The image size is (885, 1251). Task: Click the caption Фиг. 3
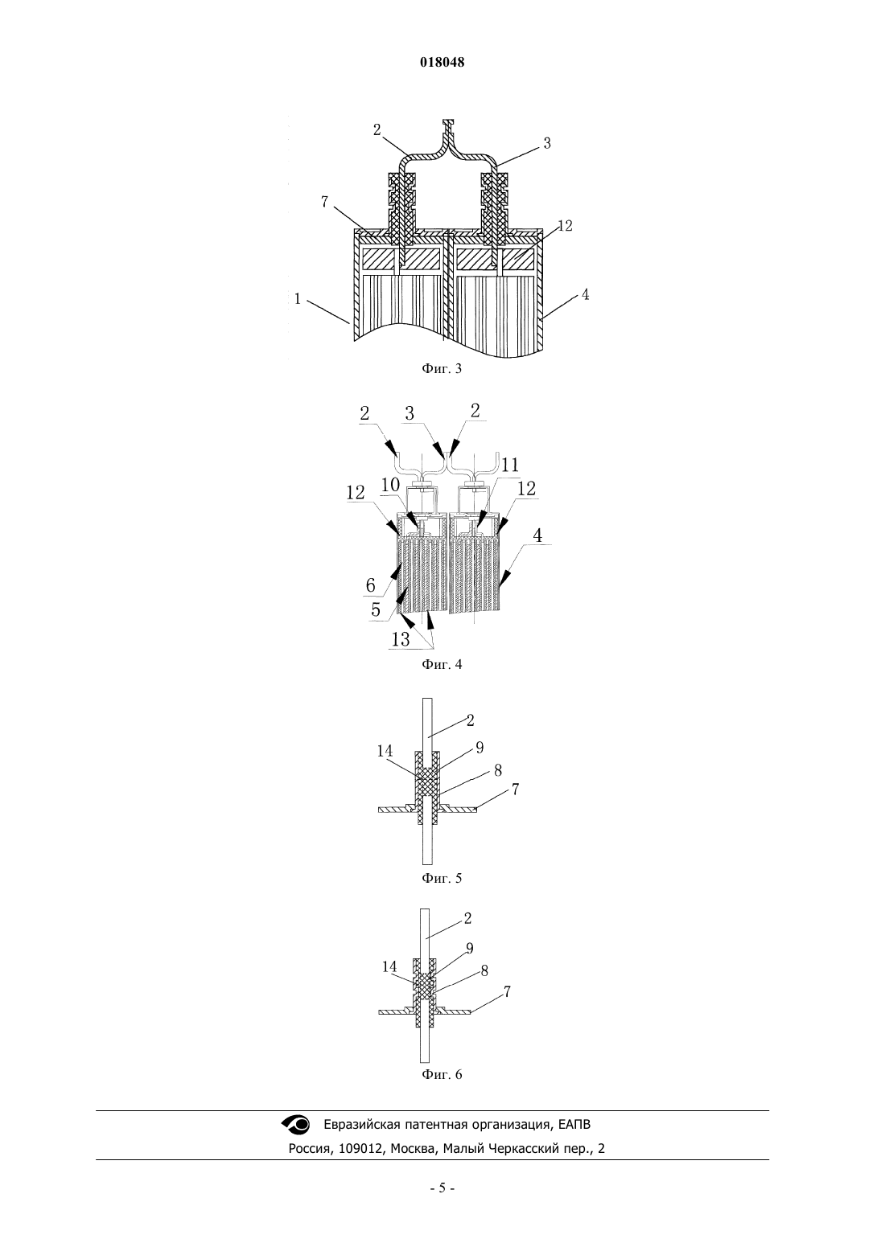[x=442, y=368]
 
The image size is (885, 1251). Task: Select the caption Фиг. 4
[x=442, y=664]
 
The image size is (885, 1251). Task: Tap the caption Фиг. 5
[x=442, y=878]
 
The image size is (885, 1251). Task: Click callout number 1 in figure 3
[x=297, y=299]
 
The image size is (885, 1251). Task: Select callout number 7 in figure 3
[x=324, y=202]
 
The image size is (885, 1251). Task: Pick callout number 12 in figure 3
[x=565, y=226]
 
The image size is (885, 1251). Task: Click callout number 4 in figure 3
[x=585, y=294]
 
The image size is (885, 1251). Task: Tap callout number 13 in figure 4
[x=401, y=639]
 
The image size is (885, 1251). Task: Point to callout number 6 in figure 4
[x=370, y=584]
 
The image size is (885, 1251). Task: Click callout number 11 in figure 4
[x=510, y=465]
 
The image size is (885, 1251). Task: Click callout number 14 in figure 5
[x=385, y=751]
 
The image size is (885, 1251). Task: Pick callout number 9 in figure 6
[x=470, y=948]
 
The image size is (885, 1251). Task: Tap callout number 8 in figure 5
[x=498, y=771]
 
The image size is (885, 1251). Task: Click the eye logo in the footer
[x=295, y=1124]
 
